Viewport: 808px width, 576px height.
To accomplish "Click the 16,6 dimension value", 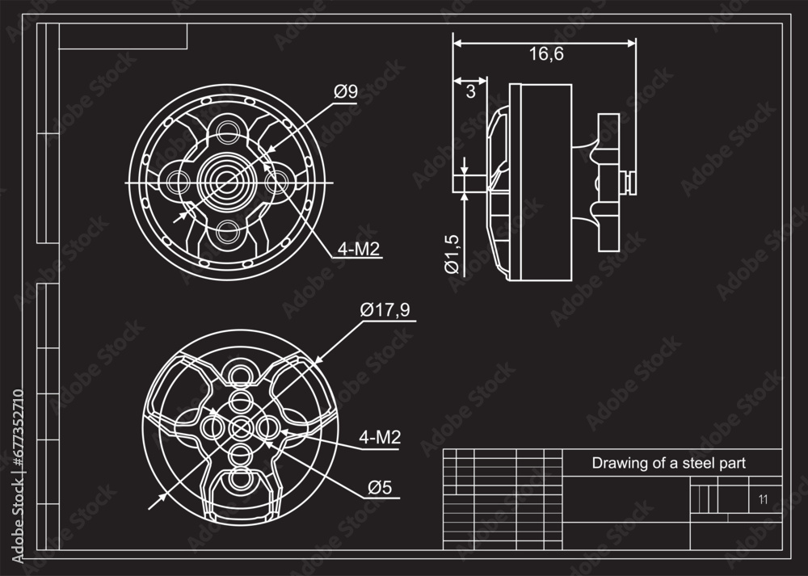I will point(546,54).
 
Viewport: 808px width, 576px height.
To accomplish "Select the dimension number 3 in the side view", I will point(471,91).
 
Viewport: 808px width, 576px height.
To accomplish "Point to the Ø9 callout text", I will point(346,92).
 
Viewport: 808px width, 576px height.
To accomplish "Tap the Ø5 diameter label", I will point(380,487).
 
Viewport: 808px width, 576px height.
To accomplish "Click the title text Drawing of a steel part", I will point(668,463).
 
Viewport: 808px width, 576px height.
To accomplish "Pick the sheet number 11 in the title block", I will point(763,499).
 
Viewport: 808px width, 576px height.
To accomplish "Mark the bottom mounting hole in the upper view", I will point(229,233).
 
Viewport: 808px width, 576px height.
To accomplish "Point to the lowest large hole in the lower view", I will point(240,480).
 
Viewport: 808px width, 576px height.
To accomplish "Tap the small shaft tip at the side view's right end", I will point(630,180).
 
